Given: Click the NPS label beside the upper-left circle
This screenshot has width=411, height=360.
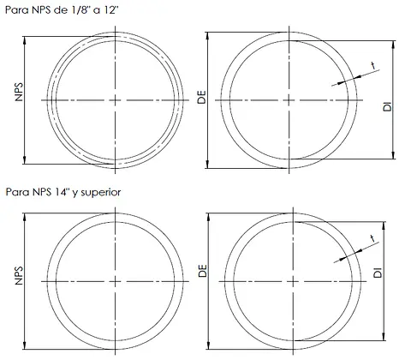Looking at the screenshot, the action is click(x=19, y=92).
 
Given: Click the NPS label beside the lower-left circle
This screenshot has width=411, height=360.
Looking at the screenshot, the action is click(x=19, y=276).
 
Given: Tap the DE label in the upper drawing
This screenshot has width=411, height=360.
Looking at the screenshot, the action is click(x=201, y=97).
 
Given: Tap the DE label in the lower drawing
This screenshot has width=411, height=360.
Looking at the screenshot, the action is click(x=202, y=271).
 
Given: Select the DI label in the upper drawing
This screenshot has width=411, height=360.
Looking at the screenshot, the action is click(x=387, y=106).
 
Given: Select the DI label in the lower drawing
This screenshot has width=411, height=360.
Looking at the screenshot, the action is click(x=378, y=273).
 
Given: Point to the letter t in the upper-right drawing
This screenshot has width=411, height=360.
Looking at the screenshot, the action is click(x=373, y=66).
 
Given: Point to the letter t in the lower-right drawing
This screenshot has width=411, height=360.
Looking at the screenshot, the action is click(x=372, y=238).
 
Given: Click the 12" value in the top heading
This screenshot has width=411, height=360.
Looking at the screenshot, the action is click(x=112, y=10).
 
